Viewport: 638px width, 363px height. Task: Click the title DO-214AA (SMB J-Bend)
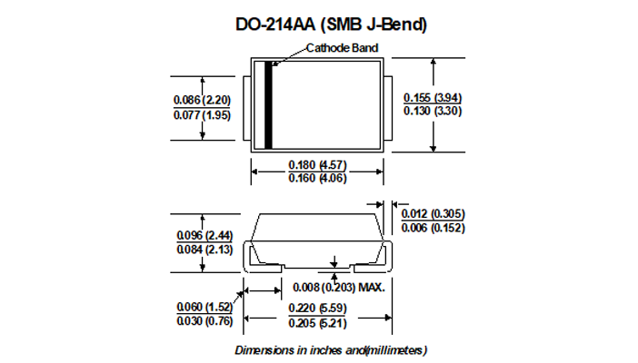(331, 25)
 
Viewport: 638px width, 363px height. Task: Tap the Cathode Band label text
(343, 48)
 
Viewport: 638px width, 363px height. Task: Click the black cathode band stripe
(268, 105)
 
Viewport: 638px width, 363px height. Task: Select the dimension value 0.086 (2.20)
(203, 100)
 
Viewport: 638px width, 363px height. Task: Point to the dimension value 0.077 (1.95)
(203, 115)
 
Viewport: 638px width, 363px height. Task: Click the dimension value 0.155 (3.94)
(433, 98)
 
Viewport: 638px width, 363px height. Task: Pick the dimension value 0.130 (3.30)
(433, 111)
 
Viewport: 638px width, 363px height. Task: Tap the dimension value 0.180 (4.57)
(317, 165)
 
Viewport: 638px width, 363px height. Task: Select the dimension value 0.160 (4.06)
(317, 178)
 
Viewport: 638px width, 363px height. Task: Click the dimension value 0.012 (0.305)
(433, 214)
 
